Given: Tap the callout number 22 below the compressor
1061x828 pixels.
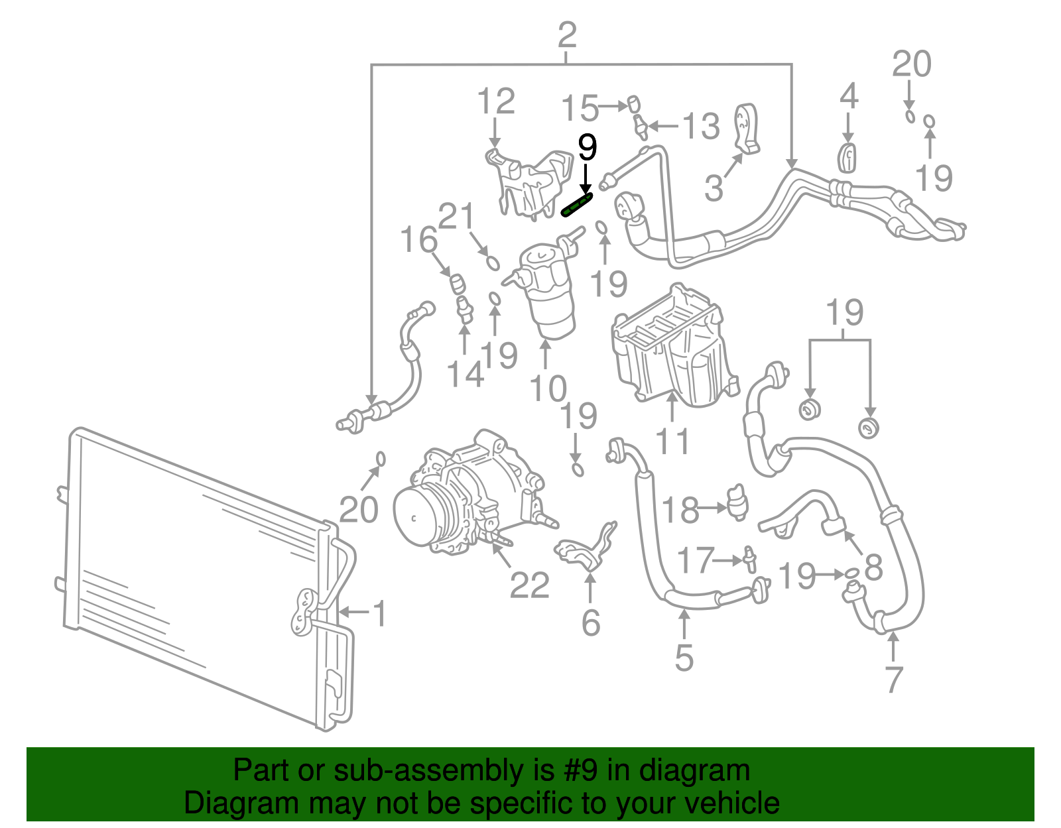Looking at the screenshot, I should click(529, 585).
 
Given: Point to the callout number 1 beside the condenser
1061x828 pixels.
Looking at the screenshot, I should click(379, 613).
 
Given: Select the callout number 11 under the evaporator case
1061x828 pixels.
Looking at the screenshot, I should click(672, 441).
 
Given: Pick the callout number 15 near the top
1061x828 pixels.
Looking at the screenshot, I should click(580, 108).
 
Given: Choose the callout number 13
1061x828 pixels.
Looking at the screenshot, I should click(701, 126).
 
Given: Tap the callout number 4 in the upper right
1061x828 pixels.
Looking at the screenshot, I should click(849, 97).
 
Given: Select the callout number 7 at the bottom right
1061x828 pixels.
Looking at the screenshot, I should click(894, 679).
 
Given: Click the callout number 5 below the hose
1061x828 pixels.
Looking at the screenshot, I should click(684, 658).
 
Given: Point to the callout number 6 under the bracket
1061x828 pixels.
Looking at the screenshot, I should click(590, 622).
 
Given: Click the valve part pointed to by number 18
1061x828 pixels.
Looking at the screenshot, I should click(736, 502).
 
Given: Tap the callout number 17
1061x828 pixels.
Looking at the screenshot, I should click(696, 561).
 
